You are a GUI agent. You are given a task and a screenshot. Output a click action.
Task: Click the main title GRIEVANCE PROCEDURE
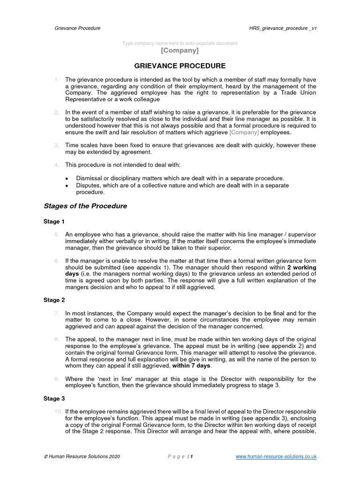pos(180,66)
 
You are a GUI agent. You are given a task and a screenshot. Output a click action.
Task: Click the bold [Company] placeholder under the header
pos(180,50)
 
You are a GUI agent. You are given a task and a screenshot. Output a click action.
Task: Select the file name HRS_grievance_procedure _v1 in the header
pos(283,28)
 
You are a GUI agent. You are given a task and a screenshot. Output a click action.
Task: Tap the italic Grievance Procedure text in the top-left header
pos(78,28)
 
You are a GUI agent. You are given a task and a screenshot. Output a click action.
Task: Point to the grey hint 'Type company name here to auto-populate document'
pos(180,43)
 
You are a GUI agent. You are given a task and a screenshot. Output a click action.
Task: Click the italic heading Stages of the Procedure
pos(85,206)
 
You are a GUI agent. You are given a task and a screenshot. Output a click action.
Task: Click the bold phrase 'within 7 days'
pos(192,366)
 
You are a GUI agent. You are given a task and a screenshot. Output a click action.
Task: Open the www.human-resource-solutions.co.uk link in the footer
pos(276,456)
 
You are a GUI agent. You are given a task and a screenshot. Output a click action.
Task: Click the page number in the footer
pos(191,456)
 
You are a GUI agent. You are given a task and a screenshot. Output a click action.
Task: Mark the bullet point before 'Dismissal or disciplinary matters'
pos(67,179)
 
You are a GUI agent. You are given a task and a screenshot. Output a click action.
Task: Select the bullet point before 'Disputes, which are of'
pos(67,186)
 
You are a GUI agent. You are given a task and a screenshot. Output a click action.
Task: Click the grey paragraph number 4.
pos(56,165)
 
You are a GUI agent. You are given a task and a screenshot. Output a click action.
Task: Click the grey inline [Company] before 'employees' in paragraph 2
pos(244,132)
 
